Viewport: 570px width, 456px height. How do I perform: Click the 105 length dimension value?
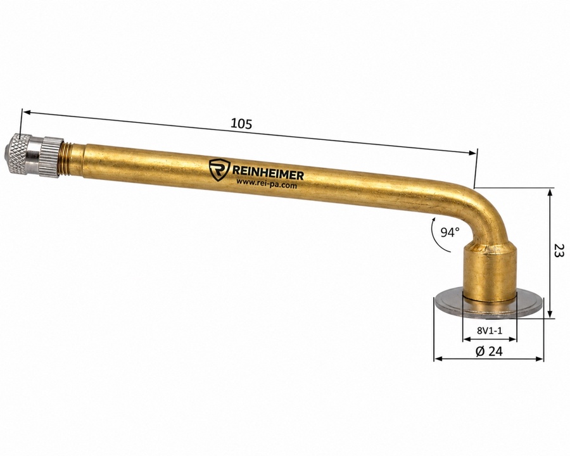(x=241, y=124)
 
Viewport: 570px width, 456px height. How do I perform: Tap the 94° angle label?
(x=450, y=232)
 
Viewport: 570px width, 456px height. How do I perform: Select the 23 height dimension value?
(x=559, y=251)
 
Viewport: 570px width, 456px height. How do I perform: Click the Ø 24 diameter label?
(x=489, y=351)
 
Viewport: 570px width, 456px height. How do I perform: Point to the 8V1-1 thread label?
(x=490, y=331)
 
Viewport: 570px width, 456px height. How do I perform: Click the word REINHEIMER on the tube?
(x=267, y=174)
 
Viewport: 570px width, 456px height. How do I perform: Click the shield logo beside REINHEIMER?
(x=219, y=169)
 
